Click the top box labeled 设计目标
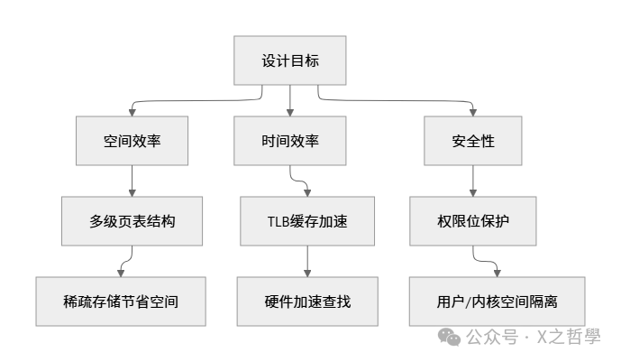coord(290,62)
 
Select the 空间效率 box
coord(132,142)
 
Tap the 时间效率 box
coord(290,142)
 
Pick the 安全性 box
coord(473,142)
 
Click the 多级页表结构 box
coord(132,221)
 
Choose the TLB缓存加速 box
coord(307,221)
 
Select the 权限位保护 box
coord(473,221)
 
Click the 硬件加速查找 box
coord(307,301)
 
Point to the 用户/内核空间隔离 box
coord(497,301)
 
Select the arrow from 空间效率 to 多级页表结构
coord(132,181)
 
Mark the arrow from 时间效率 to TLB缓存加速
coord(301,181)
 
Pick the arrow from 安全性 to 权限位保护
coord(473,181)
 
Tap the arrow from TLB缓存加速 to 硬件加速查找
coord(307,260)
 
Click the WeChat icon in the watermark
coord(449,338)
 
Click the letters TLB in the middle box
coord(279,221)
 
